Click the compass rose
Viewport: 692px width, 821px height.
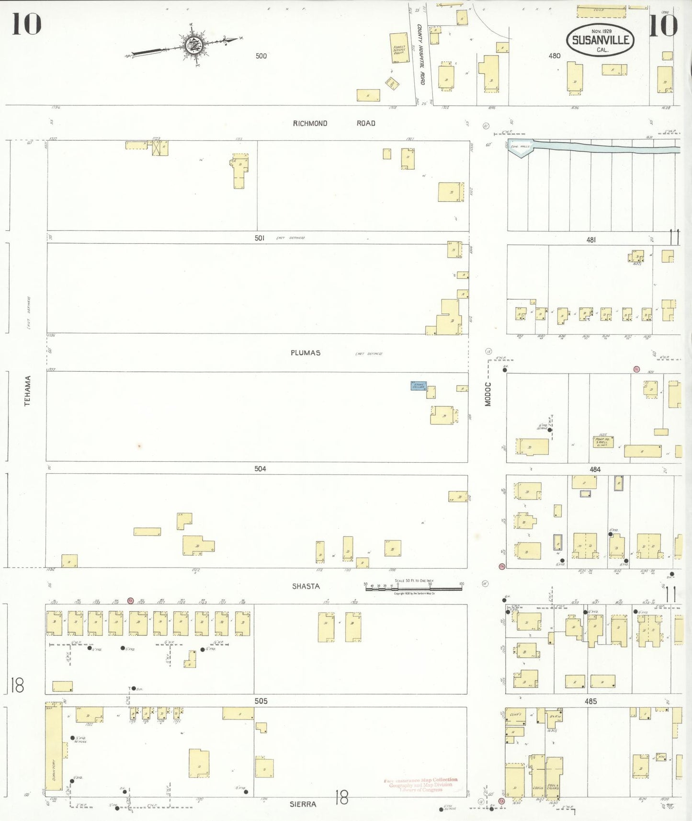(x=194, y=46)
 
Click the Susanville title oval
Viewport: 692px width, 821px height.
(x=601, y=40)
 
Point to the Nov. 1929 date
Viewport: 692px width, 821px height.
(x=601, y=31)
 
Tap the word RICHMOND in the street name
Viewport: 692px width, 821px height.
(x=310, y=124)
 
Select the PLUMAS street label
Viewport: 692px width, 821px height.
(x=306, y=353)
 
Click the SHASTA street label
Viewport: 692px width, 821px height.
(x=306, y=586)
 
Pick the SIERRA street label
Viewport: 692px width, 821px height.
(x=303, y=804)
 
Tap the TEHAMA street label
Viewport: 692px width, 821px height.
(x=28, y=391)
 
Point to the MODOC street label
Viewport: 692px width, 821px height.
(x=488, y=394)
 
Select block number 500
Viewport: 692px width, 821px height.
(x=261, y=56)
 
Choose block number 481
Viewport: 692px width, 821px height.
(x=591, y=239)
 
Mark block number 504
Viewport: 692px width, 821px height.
(x=260, y=469)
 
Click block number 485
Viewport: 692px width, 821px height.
(x=590, y=701)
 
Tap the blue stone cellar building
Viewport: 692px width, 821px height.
(x=418, y=386)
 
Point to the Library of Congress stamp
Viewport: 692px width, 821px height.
(x=420, y=785)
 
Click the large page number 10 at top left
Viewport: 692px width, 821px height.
(x=26, y=24)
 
